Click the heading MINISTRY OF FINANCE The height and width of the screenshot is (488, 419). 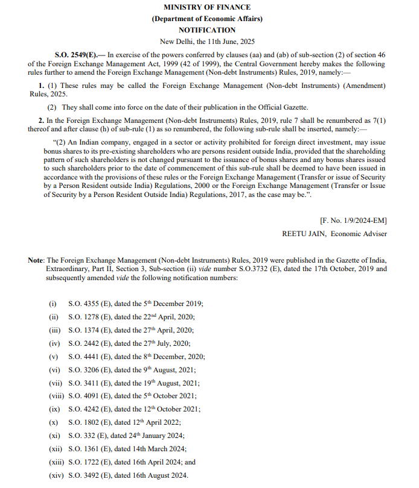pyautogui.click(x=207, y=7)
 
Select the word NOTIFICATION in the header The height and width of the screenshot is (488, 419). pyautogui.click(x=207, y=30)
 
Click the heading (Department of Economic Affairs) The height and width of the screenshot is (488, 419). pyautogui.click(x=207, y=18)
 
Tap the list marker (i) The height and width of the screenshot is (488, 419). pyautogui.click(x=53, y=305)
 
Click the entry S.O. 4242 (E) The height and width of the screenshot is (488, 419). pyautogui.click(x=88, y=409)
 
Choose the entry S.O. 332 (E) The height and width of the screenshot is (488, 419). pyautogui.click(x=86, y=436)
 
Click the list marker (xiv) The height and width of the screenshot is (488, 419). pyautogui.click(x=57, y=475)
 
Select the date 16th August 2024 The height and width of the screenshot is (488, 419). pyautogui.click(x=161, y=475)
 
